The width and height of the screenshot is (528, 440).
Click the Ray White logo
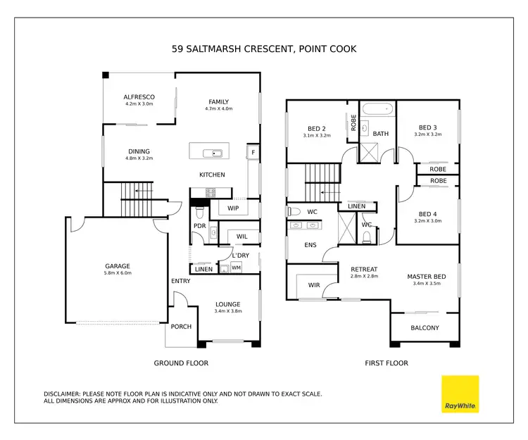(460, 394)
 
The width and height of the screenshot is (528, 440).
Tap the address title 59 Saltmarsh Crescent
(263, 49)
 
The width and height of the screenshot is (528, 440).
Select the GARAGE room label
(118, 265)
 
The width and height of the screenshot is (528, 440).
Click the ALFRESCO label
(139, 96)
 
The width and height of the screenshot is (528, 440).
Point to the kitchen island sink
(212, 153)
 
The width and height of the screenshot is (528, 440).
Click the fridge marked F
(252, 152)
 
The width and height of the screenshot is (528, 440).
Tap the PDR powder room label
(199, 225)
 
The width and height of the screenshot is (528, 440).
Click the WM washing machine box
(236, 268)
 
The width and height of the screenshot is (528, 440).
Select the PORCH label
(180, 327)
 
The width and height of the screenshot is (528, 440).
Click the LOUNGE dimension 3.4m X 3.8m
(227, 312)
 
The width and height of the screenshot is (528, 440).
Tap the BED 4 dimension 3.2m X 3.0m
(428, 221)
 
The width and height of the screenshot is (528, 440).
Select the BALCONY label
(425, 328)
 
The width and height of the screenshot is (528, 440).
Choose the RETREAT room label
(364, 269)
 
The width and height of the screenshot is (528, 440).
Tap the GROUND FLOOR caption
(181, 363)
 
